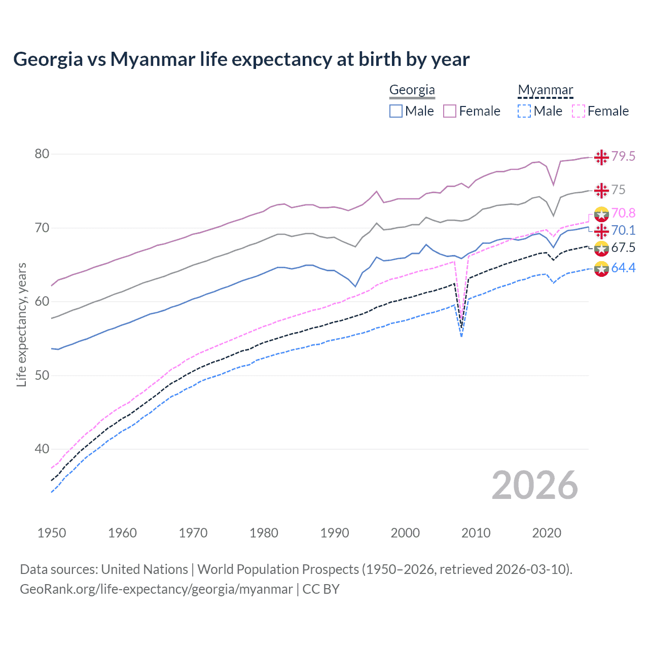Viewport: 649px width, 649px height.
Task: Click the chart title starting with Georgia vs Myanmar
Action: click(x=241, y=59)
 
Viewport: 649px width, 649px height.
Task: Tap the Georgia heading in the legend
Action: click(x=412, y=90)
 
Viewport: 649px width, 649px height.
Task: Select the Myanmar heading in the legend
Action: click(x=545, y=90)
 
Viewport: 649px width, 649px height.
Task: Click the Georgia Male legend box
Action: click(x=396, y=111)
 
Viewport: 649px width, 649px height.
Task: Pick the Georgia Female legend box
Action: click(x=450, y=111)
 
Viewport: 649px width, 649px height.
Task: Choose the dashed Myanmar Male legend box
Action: click(x=524, y=111)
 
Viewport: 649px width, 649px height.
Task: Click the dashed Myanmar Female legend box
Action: click(x=579, y=111)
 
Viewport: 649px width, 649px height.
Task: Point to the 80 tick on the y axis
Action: click(x=42, y=154)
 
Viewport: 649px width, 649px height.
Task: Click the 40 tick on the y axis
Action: click(x=42, y=449)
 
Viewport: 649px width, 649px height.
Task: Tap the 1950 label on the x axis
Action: click(x=52, y=533)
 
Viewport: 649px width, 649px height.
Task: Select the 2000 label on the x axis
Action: click(x=405, y=533)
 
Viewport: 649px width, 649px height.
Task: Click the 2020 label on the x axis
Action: click(x=547, y=533)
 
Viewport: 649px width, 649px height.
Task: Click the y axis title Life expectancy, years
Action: click(x=21, y=324)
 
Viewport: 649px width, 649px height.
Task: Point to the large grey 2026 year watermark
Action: click(x=534, y=485)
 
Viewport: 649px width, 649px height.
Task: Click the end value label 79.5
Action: click(x=623, y=156)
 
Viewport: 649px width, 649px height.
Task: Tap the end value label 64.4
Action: click(x=623, y=268)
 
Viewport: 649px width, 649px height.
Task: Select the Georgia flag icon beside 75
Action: click(x=601, y=190)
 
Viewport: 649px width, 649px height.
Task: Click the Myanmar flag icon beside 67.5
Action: click(x=601, y=248)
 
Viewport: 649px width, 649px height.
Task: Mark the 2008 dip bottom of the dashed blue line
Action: click(x=461, y=336)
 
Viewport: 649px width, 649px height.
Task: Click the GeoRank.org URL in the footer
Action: click(x=156, y=589)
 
